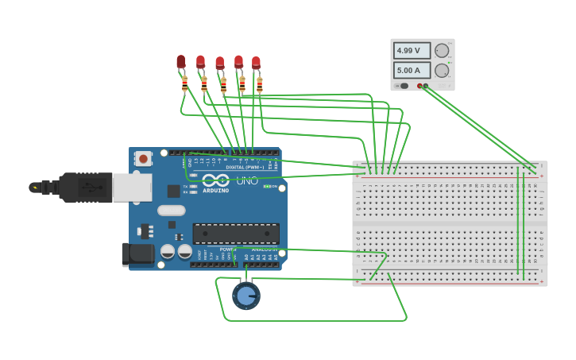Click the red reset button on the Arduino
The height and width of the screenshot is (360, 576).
(x=143, y=159)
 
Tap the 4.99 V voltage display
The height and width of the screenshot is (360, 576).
(x=412, y=51)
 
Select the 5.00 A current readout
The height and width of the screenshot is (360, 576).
(x=412, y=70)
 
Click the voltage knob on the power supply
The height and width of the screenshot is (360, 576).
(x=442, y=51)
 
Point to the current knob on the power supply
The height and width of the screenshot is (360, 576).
(x=442, y=70)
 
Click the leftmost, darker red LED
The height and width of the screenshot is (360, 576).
(x=181, y=61)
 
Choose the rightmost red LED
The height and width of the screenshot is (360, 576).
(x=256, y=62)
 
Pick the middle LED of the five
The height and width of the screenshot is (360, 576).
(x=219, y=63)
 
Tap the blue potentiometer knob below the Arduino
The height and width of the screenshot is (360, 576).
(x=246, y=296)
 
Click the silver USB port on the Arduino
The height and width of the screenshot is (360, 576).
(x=131, y=188)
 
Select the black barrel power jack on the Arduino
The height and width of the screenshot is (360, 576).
(x=137, y=254)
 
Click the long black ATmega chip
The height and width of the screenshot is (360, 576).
(x=236, y=234)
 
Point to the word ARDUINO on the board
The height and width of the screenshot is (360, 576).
(x=215, y=191)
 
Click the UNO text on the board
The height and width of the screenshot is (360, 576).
(x=247, y=180)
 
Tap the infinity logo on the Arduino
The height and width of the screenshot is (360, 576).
(x=215, y=180)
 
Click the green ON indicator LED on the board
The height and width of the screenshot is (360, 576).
(x=267, y=187)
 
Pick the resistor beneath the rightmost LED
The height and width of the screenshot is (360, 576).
(x=259, y=83)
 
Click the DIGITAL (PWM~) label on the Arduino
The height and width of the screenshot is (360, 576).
(x=245, y=167)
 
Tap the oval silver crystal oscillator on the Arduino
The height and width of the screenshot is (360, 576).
(x=171, y=211)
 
